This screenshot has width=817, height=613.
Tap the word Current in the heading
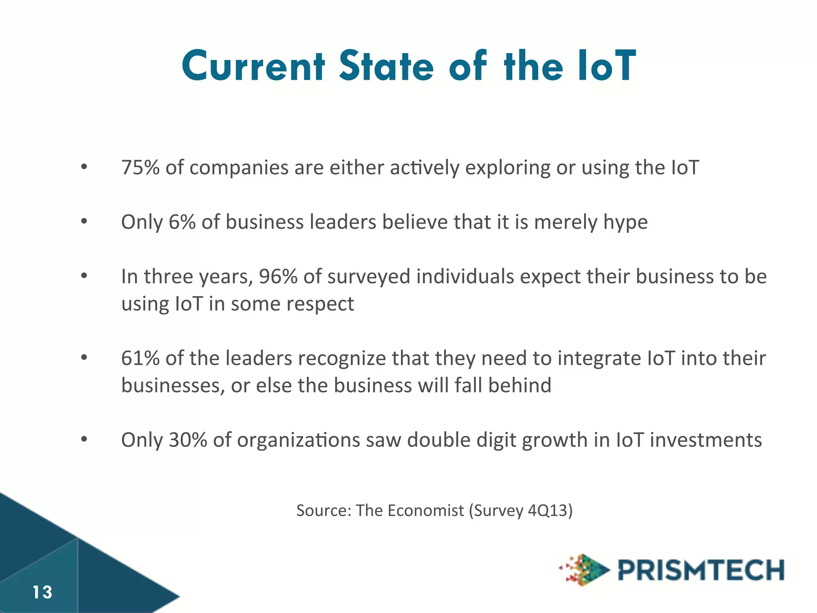click(253, 66)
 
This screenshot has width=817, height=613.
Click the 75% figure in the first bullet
click(140, 168)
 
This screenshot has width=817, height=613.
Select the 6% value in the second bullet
click(182, 222)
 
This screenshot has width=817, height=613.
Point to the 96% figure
click(278, 277)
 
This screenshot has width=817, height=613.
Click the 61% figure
click(140, 358)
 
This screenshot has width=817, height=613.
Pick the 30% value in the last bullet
click(188, 440)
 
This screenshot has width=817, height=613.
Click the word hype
click(625, 223)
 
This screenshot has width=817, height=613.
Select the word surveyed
click(369, 277)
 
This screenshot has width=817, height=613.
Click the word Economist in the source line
click(425, 510)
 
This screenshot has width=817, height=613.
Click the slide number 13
click(42, 592)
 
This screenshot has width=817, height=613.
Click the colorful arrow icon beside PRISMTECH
click(585, 570)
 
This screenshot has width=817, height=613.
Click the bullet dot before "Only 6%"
click(84, 221)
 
